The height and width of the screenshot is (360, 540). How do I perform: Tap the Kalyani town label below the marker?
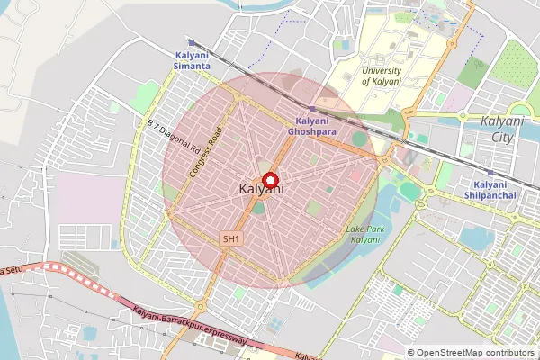pos(263,191)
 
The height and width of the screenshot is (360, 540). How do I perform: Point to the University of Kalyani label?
pos(391,76)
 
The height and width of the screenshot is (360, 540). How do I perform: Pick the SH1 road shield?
pos(232,238)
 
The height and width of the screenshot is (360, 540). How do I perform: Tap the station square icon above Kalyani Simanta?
pos(192,42)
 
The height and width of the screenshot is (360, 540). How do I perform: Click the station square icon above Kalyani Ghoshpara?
pos(311,109)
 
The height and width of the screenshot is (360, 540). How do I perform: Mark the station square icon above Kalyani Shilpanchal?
pos(490,173)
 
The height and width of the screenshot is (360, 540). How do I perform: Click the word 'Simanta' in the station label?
pos(193,67)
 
